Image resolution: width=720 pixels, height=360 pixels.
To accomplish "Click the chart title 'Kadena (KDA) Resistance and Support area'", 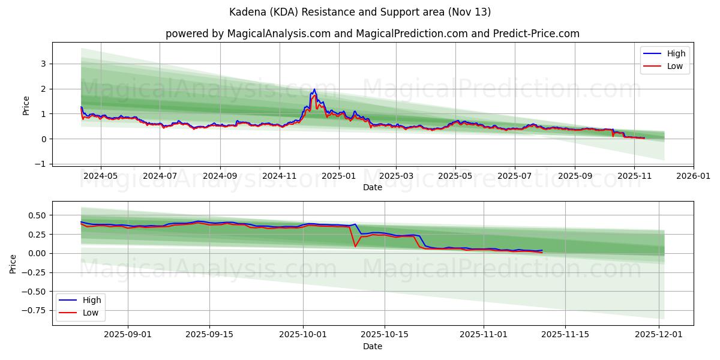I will click(x=360, y=12).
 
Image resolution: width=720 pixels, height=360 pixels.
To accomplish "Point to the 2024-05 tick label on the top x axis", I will click(x=100, y=176).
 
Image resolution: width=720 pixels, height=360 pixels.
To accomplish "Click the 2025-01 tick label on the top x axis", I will click(x=339, y=176).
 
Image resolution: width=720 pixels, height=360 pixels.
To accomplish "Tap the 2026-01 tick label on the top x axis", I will click(x=694, y=176).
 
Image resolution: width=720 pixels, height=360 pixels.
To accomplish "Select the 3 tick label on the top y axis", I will click(x=43, y=64).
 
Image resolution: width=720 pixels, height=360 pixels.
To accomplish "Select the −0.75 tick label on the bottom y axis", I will click(x=35, y=310).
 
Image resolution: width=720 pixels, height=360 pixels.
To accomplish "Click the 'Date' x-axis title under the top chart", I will click(x=373, y=187).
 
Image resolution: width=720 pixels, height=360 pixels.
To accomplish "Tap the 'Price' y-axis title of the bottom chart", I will click(x=14, y=264).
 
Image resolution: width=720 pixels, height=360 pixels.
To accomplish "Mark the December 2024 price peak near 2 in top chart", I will click(x=314, y=90).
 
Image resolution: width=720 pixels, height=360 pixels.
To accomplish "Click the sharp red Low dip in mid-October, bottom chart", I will click(x=355, y=246).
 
